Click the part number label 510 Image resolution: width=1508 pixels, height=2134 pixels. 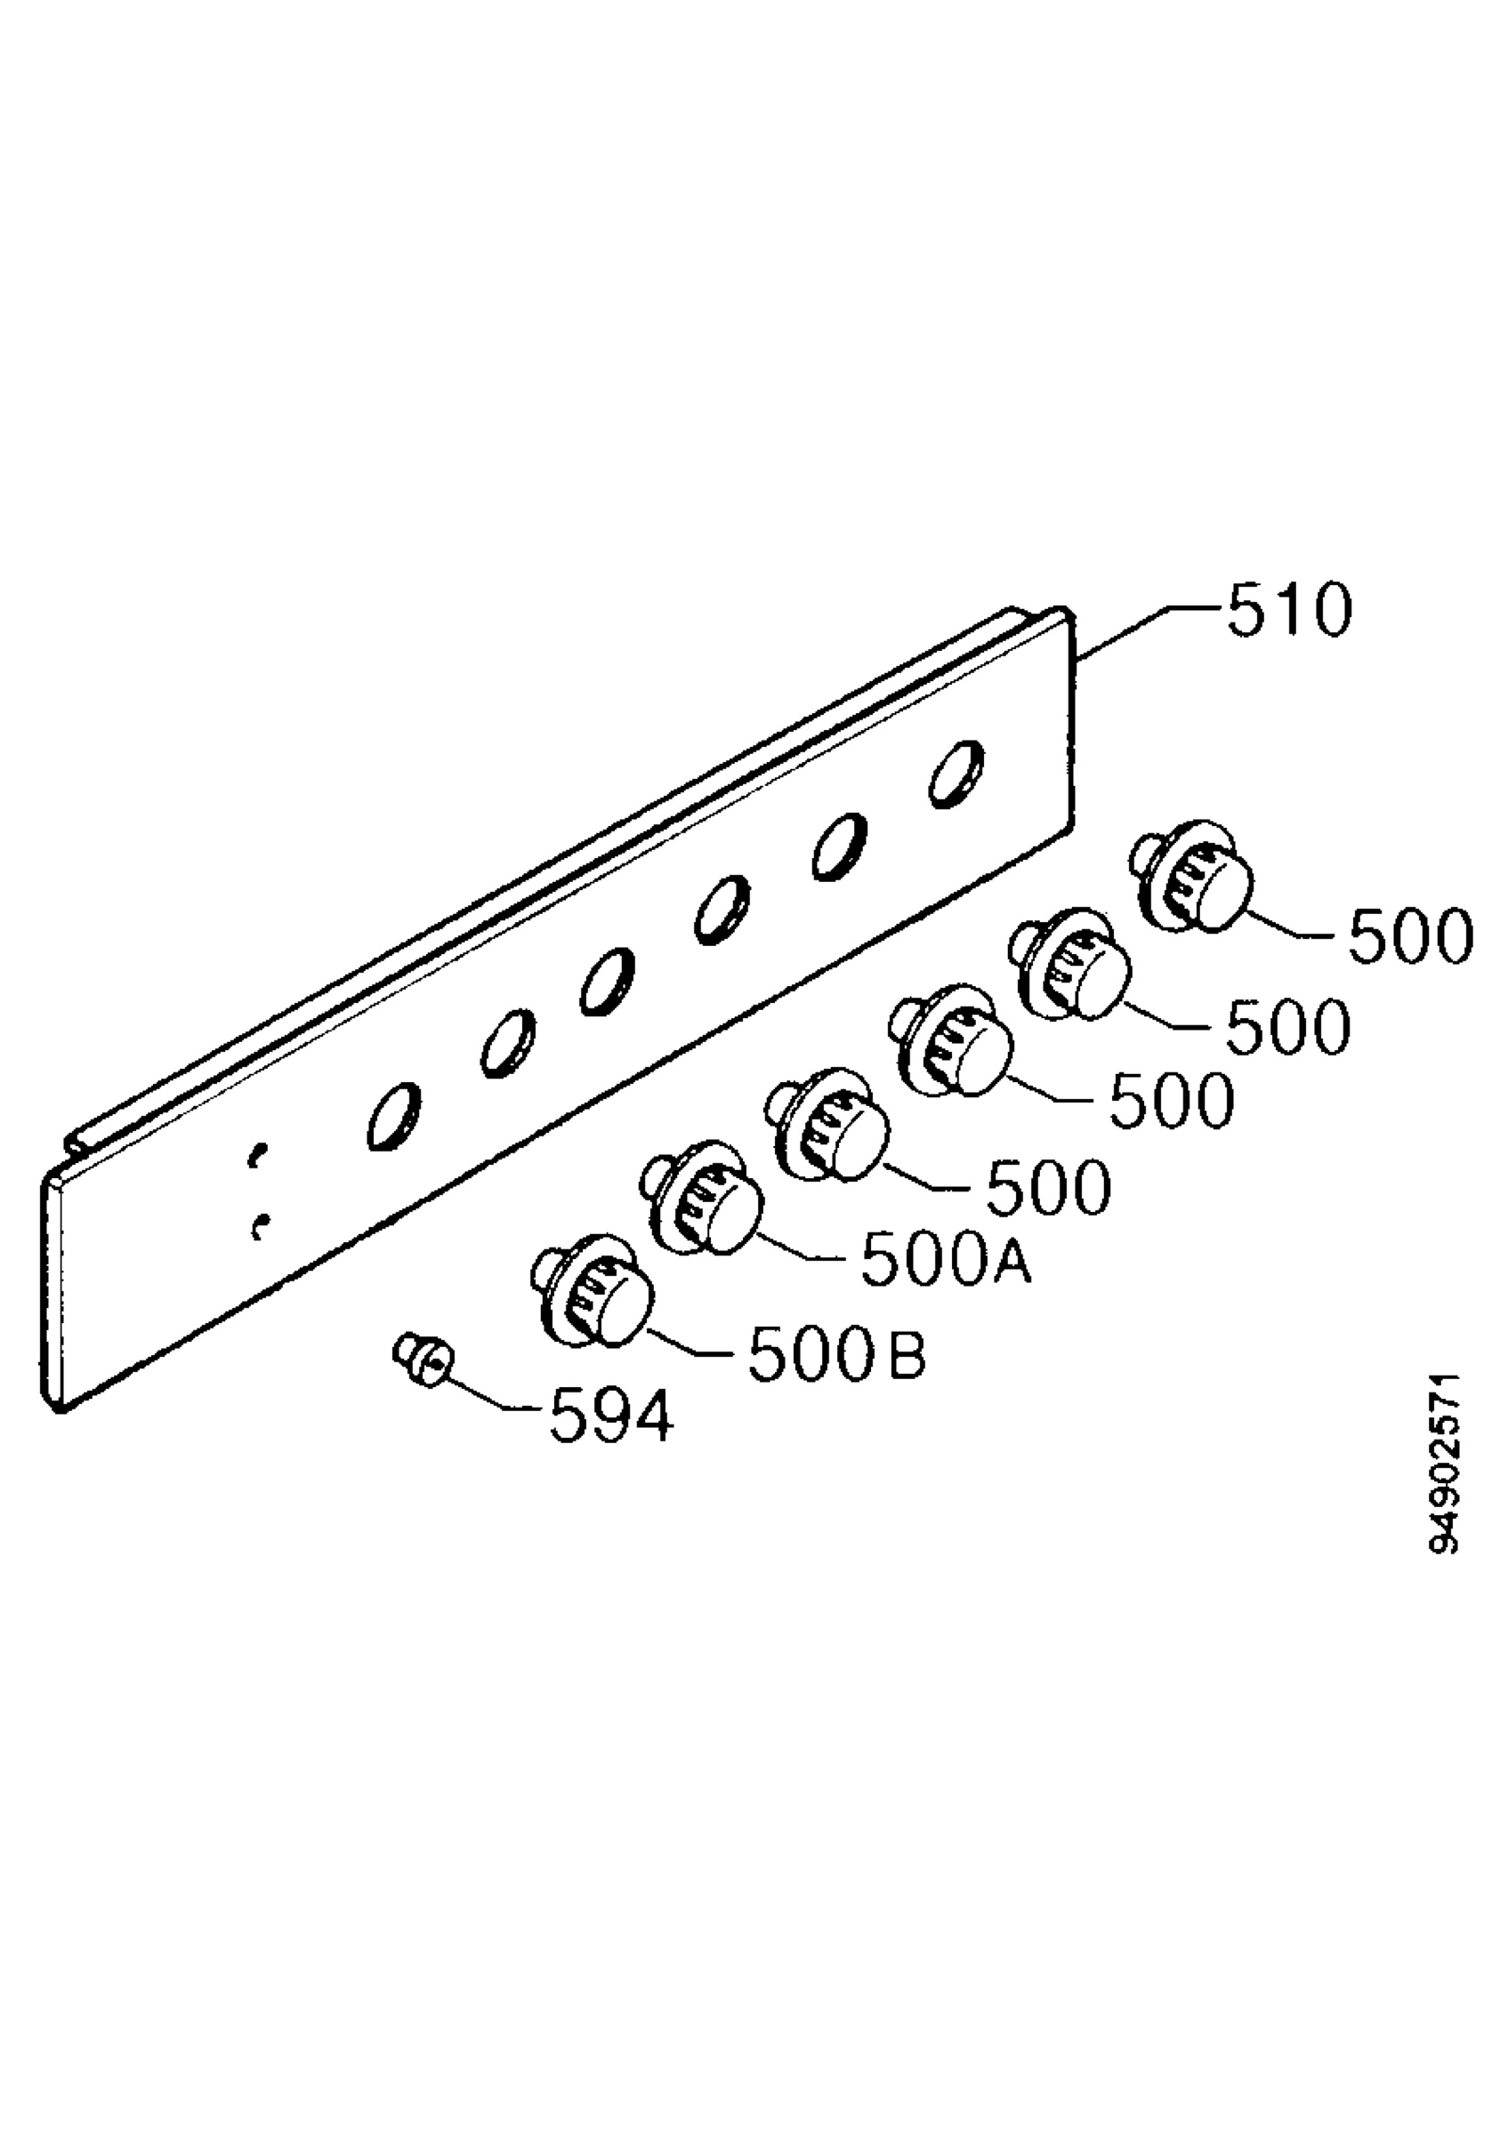coord(1289,611)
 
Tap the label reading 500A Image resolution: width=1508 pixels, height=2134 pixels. coord(946,1260)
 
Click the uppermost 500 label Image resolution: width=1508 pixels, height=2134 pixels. coord(1409,935)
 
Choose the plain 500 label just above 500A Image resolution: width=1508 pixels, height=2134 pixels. coord(1049,1186)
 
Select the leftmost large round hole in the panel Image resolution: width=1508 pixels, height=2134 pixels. coord(394,1116)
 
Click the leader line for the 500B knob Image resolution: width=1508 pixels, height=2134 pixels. coord(696,1343)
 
